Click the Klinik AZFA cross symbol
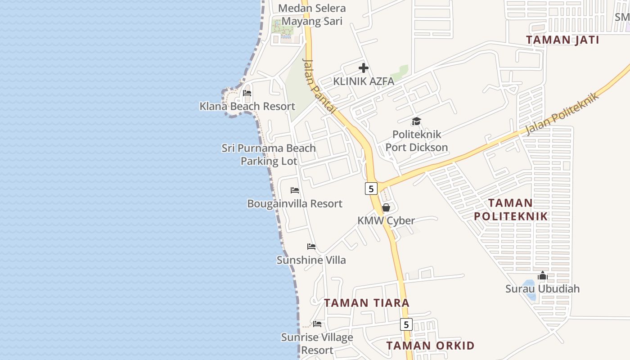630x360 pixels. [364, 68]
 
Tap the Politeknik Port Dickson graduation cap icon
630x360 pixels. [416, 121]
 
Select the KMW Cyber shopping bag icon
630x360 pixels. [386, 207]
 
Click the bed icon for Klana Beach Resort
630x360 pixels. [247, 94]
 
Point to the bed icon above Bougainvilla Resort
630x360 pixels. [295, 190]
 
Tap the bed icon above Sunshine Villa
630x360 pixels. [311, 247]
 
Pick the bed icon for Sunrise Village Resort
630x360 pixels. [317, 324]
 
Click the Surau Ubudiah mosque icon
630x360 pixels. [543, 275]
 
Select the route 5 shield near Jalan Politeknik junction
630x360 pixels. [371, 189]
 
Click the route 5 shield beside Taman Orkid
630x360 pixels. [406, 324]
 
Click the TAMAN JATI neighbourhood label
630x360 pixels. [562, 40]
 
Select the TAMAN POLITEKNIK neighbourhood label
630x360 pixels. [511, 210]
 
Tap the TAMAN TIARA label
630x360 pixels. [367, 303]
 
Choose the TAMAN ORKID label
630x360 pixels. [430, 346]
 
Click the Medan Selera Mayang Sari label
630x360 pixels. [312, 14]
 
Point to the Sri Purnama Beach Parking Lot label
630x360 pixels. [269, 154]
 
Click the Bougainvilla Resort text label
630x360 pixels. [295, 204]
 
